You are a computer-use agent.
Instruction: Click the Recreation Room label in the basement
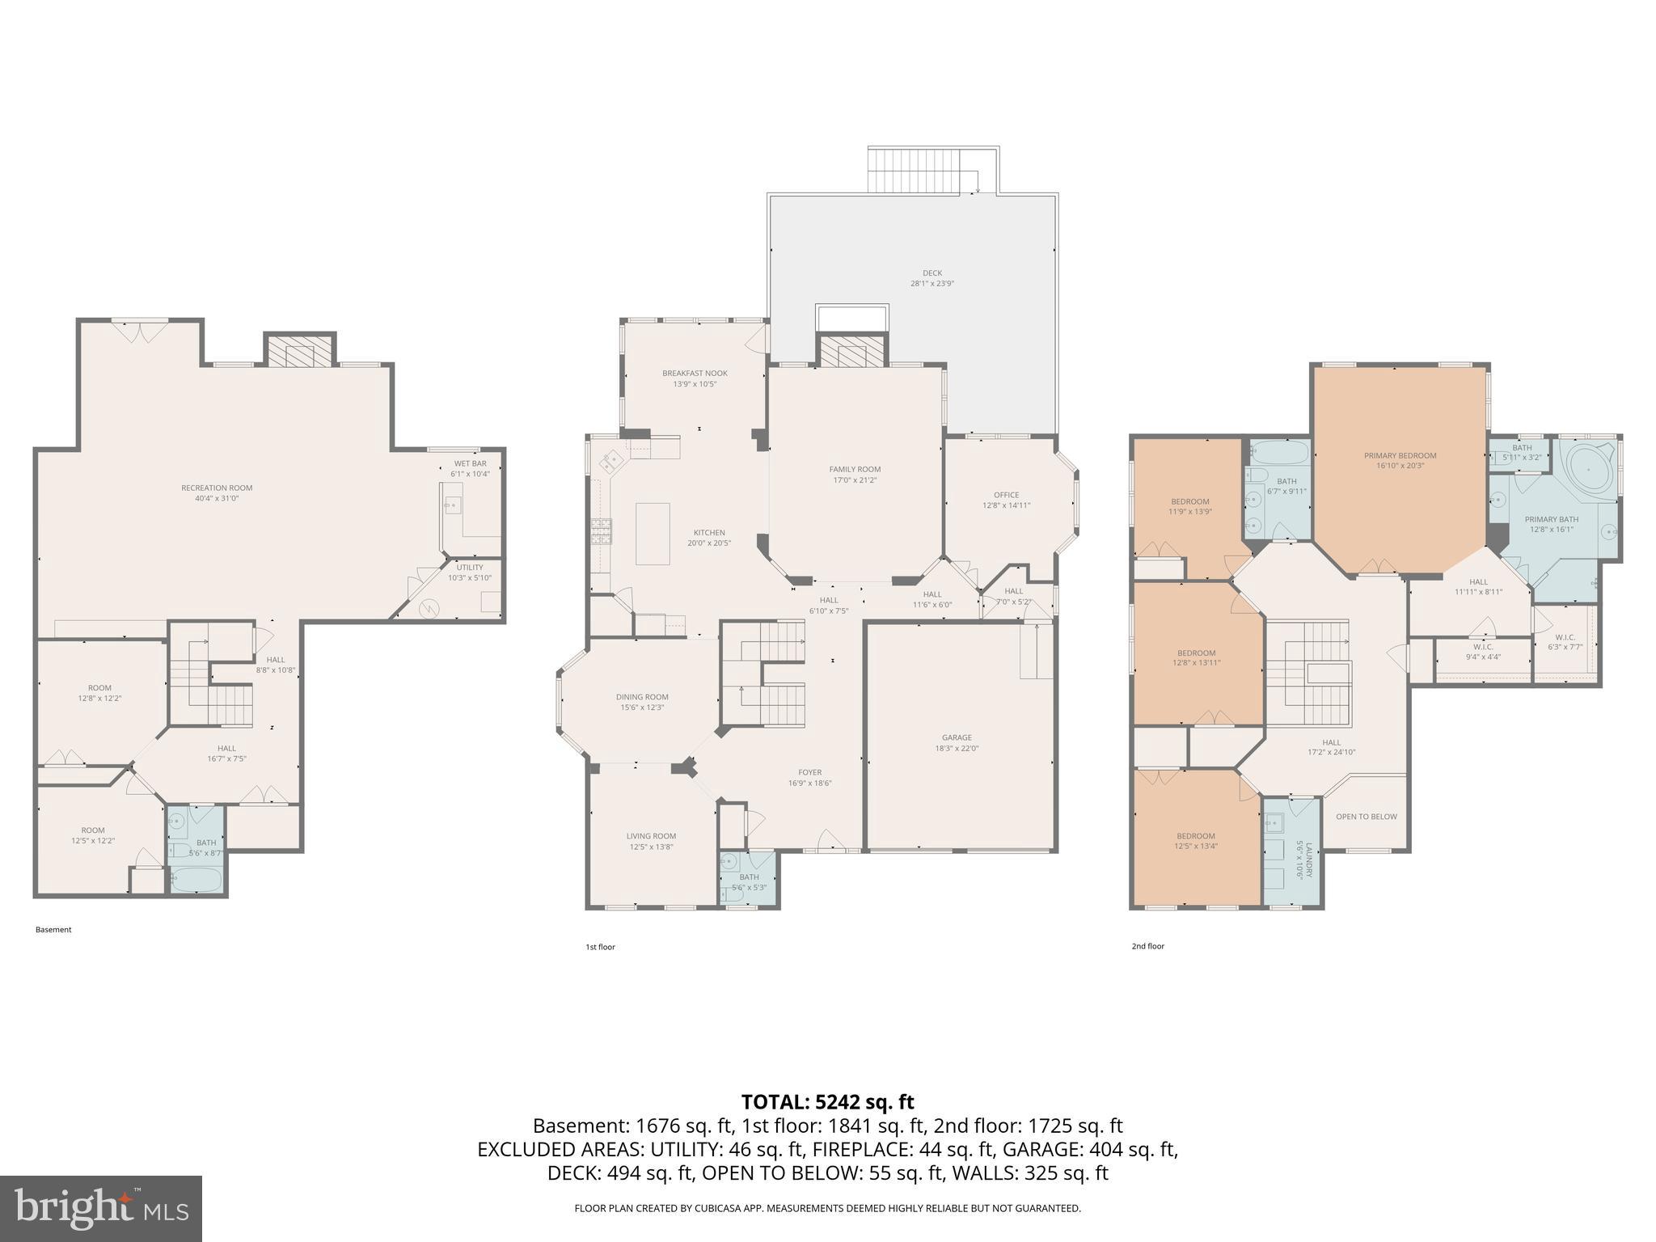[217, 488]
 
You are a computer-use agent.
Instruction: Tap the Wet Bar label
[470, 463]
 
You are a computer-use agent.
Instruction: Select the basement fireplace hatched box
[300, 352]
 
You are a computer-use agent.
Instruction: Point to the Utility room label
[469, 567]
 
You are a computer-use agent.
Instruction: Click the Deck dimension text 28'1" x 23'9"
[932, 284]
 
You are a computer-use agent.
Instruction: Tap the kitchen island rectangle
[653, 533]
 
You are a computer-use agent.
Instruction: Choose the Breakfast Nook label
[695, 373]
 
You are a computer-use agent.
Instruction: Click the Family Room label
[855, 469]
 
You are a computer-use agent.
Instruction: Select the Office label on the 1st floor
[1006, 495]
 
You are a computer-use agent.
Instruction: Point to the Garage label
[957, 737]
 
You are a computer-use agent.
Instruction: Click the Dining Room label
[642, 696]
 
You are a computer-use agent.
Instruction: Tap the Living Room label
[651, 836]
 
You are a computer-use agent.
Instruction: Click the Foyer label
[809, 772]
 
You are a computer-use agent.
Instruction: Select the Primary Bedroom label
[1400, 455]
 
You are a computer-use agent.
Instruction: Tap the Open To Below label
[1366, 816]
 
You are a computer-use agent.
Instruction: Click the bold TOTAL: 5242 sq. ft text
[827, 1101]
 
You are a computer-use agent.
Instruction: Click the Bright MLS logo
[100, 1208]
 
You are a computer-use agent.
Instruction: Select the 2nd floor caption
[1147, 945]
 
